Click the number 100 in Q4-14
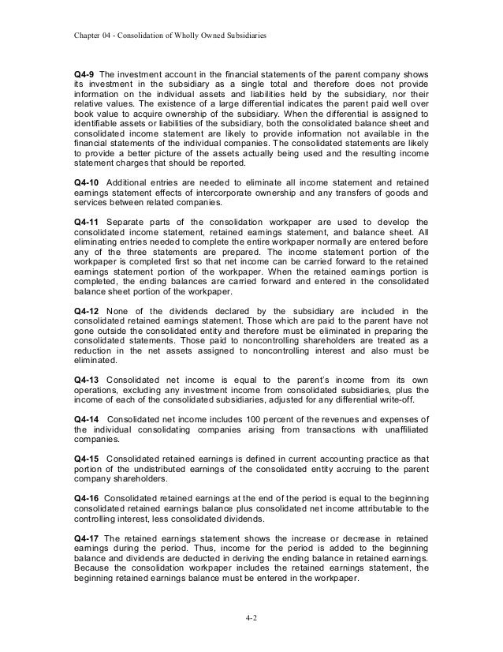click(x=251, y=417)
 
